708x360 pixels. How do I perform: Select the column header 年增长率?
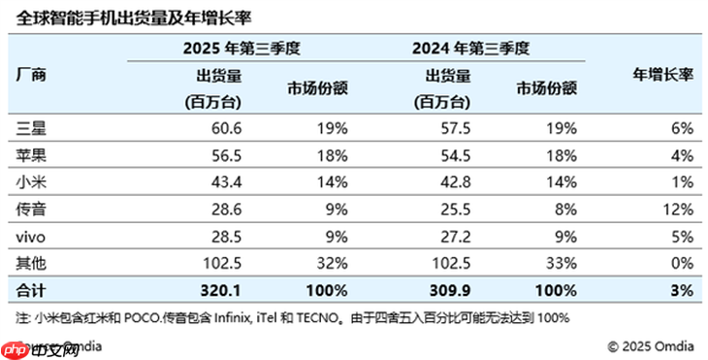[663, 74]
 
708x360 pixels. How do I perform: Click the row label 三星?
[32, 127]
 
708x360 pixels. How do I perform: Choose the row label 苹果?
[32, 154]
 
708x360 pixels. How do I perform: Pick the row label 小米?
[32, 181]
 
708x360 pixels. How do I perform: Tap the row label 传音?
[32, 209]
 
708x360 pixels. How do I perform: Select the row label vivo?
[33, 236]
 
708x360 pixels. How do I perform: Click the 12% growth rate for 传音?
[676, 209]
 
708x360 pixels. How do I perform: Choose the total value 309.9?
[454, 290]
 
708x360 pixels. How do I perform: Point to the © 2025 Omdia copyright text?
[652, 345]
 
